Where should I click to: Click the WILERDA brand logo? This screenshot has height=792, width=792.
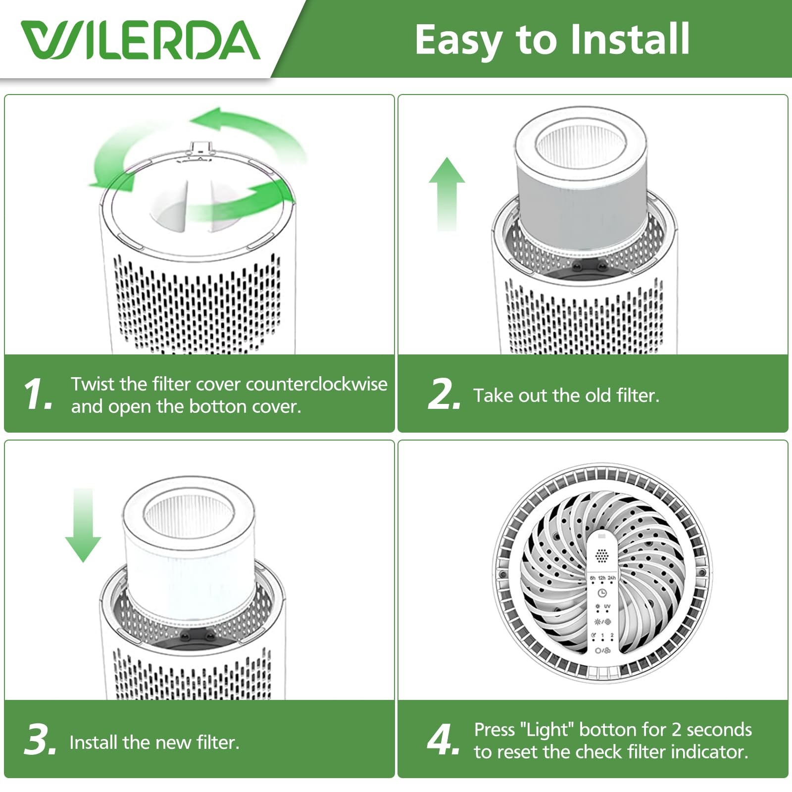141,40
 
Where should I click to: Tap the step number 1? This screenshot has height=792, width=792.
38,394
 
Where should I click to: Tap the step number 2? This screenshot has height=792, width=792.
444,394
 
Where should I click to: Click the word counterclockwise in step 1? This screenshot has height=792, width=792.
316,384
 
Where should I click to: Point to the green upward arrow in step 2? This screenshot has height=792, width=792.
447,194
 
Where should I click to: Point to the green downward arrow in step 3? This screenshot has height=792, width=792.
83,525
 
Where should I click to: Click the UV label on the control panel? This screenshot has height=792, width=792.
607,606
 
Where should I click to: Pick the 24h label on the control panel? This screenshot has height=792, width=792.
612,578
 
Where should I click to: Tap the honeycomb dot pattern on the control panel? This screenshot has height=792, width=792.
601,555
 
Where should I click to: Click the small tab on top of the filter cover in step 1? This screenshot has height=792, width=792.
200,147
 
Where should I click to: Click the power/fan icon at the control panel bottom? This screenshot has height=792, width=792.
602,650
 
